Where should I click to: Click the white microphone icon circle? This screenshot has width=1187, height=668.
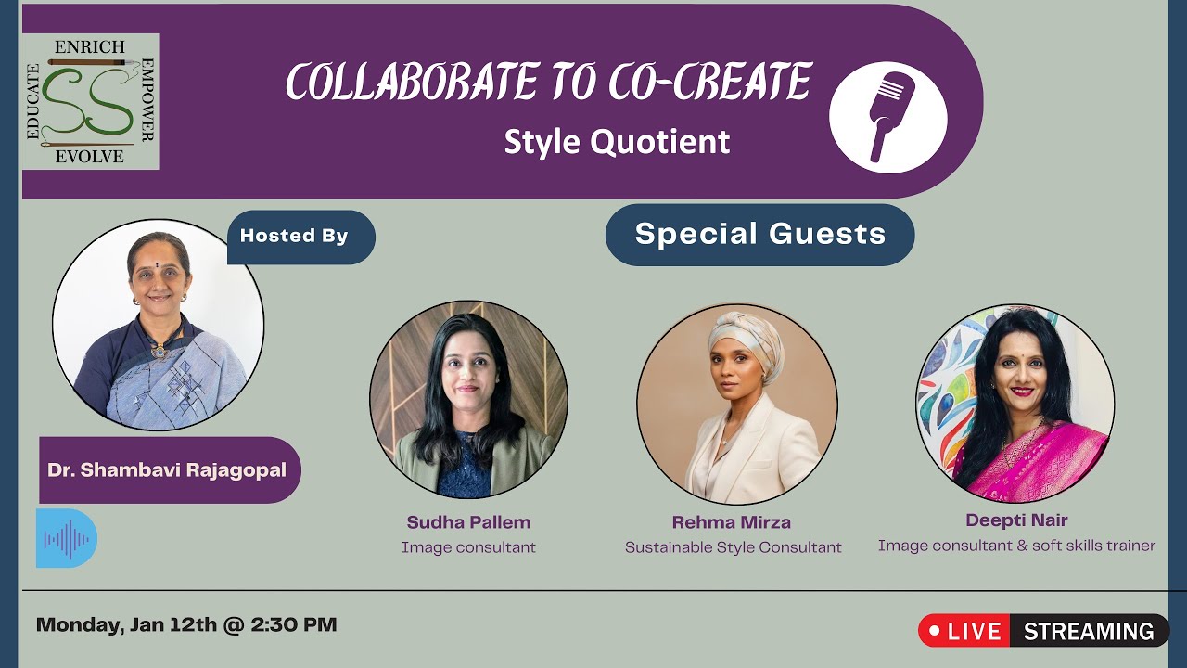point(887,118)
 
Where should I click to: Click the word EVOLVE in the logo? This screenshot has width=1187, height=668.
point(89,157)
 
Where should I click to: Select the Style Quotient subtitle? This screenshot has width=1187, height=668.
point(617,142)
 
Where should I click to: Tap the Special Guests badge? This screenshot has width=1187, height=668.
point(759,235)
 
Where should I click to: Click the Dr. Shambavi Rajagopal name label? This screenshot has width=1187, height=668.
point(167,469)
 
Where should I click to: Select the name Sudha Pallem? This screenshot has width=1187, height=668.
point(468,521)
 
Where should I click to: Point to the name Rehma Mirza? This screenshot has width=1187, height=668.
point(732,521)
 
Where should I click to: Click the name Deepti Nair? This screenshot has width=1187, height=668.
point(1016,520)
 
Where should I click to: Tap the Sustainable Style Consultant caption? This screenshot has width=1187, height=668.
point(733,547)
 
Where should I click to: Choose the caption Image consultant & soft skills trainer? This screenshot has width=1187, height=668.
point(1016,546)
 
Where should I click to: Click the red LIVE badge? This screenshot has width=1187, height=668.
point(964,631)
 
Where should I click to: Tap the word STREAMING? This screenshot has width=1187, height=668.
point(1089,631)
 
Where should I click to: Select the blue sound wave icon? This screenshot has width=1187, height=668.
point(66,538)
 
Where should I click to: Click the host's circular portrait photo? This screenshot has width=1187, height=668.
point(158,325)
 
